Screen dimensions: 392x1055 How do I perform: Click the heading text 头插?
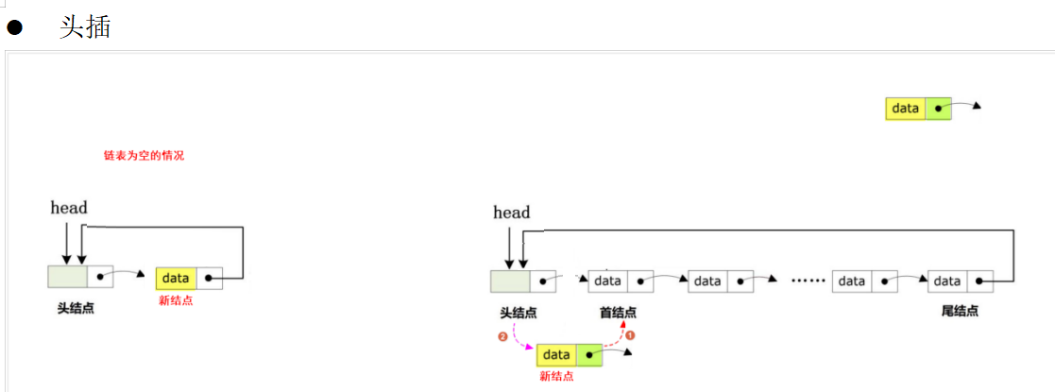tap(85, 26)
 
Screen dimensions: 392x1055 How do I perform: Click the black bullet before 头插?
tap(14, 27)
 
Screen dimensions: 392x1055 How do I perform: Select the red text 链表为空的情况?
tap(144, 155)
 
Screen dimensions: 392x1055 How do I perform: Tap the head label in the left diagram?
tap(69, 208)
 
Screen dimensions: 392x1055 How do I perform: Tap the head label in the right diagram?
tap(511, 213)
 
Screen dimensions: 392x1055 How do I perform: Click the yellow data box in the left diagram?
tap(177, 278)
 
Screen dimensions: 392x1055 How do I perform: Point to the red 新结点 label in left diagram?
tap(176, 300)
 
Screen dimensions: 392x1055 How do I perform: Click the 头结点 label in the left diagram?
tap(76, 308)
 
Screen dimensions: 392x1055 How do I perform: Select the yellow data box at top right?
tap(905, 109)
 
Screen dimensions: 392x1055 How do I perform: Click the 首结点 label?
tap(618, 312)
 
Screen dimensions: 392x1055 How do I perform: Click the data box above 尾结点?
tap(947, 281)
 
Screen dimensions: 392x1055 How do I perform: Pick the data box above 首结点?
tap(608, 281)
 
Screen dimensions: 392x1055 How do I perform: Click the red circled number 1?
tap(630, 334)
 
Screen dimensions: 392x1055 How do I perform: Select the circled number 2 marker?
tap(502, 336)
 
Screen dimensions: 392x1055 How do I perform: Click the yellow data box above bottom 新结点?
tap(556, 355)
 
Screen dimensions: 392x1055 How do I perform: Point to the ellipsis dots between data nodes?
tap(808, 281)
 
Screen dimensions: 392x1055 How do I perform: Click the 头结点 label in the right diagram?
tap(519, 312)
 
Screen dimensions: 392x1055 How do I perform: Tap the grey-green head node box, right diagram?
tap(510, 281)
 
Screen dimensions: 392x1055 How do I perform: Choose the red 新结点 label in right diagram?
tap(556, 376)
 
